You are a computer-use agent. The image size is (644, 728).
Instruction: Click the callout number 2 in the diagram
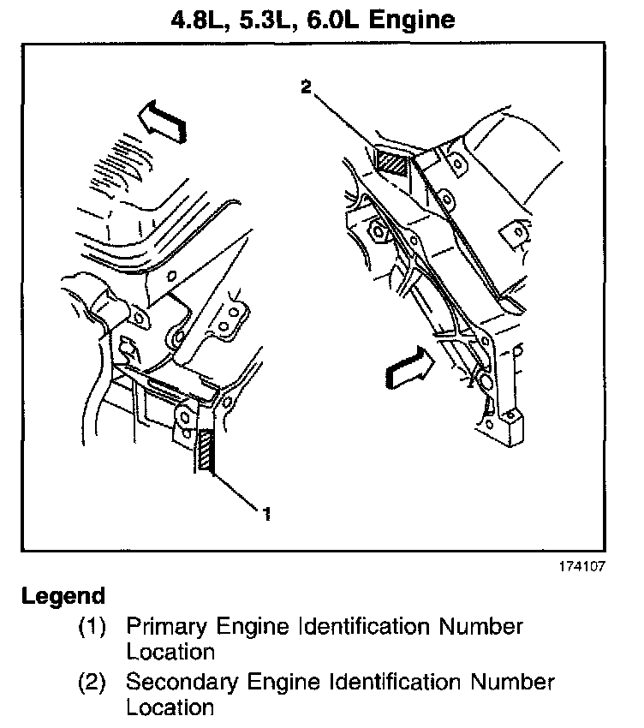306,86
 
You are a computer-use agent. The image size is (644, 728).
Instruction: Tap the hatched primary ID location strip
206,451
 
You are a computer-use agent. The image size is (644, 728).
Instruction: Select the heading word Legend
63,596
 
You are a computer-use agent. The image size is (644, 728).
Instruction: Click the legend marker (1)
92,627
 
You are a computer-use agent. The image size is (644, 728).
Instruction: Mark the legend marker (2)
92,683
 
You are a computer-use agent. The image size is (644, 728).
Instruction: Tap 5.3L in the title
272,19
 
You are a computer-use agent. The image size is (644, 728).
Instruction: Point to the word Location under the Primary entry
170,652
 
